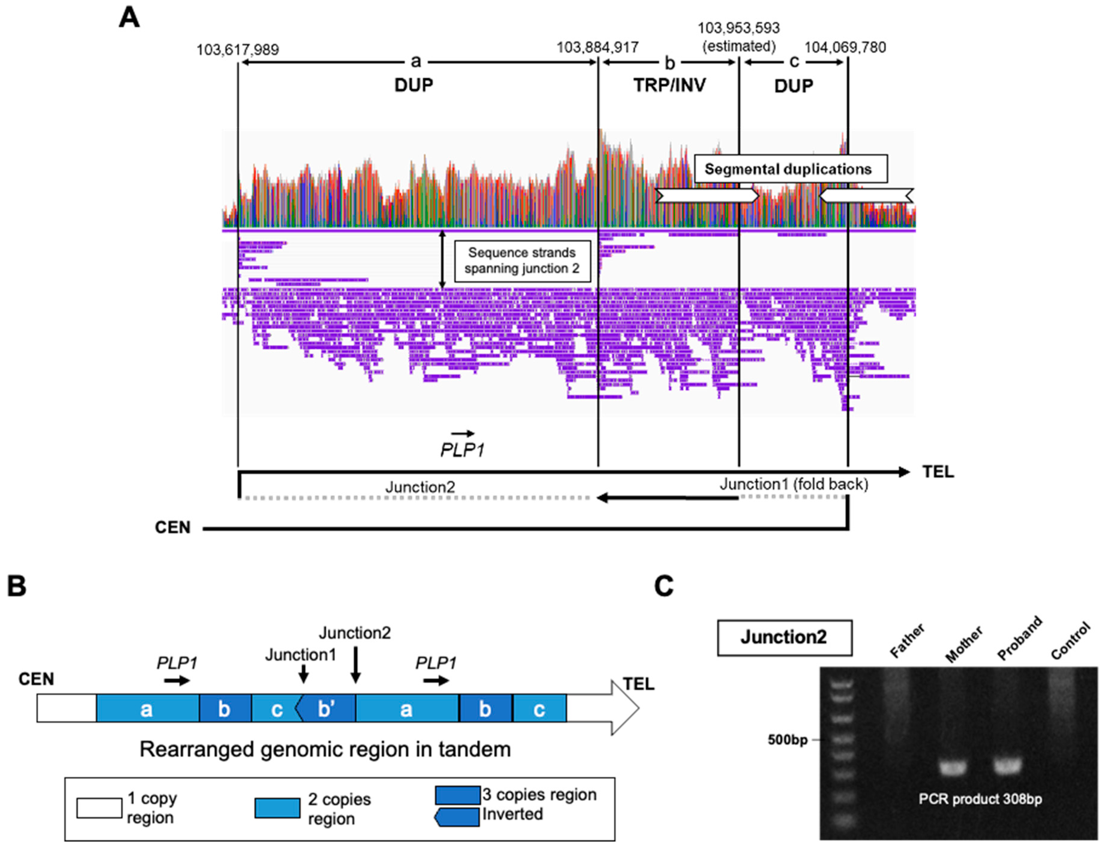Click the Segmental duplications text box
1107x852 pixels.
[x=790, y=169]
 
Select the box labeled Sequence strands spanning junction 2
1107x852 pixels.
[x=522, y=261]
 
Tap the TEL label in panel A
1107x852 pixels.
[x=938, y=472]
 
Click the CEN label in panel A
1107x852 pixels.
[x=172, y=528]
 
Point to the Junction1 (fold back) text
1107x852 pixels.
[x=793, y=484]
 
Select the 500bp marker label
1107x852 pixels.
[x=787, y=740]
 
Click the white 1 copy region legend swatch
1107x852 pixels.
[x=99, y=808]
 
